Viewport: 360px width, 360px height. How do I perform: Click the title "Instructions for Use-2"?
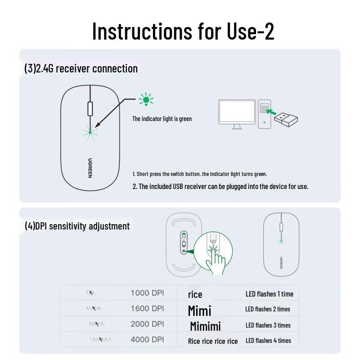tap(183, 31)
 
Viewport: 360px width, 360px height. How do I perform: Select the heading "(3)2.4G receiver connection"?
tap(81, 69)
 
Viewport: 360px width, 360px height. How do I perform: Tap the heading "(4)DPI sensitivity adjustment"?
tap(77, 226)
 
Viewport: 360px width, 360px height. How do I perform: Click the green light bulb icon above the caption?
tap(146, 99)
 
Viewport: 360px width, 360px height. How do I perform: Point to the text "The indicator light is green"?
tap(162, 119)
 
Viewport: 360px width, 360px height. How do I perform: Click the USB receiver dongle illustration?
tap(286, 119)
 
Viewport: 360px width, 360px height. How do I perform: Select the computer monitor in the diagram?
tap(237, 113)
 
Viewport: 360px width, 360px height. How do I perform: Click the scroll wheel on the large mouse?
tap(90, 109)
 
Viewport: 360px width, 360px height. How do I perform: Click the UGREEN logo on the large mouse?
tap(90, 167)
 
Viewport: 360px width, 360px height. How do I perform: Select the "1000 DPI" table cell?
tap(147, 293)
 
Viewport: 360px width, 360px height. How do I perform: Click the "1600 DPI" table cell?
tap(147, 309)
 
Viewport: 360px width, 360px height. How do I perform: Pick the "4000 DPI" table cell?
tap(147, 340)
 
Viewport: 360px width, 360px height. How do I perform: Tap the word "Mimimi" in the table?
tap(205, 326)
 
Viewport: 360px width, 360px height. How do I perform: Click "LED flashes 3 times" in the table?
tap(268, 325)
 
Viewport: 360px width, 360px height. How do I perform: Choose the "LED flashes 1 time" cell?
tap(269, 294)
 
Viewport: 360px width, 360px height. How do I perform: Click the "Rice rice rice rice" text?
tap(213, 341)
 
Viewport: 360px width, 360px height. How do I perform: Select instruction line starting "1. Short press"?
tap(200, 174)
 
